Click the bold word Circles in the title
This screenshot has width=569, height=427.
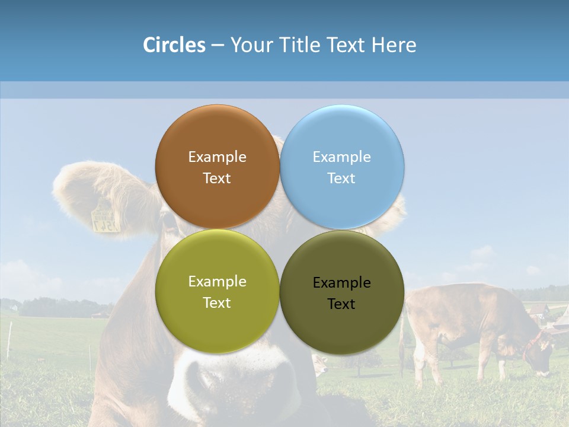pyautogui.click(x=174, y=45)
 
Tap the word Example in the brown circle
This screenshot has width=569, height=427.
pyautogui.click(x=217, y=157)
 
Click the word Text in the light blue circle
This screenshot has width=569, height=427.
pyautogui.click(x=341, y=179)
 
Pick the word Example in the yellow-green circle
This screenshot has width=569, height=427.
pyautogui.click(x=217, y=282)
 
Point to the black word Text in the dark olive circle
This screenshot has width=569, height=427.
pyautogui.click(x=341, y=304)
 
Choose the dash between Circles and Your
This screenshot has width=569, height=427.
pyautogui.click(x=217, y=45)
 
